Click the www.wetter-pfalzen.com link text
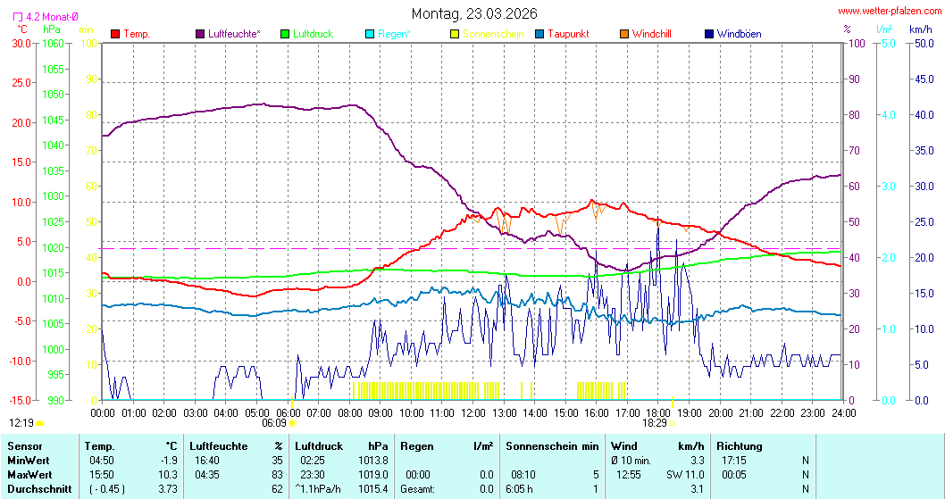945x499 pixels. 888,12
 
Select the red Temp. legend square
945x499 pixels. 115,34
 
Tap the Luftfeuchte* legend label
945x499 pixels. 234,34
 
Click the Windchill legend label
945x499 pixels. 651,34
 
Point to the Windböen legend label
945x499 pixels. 739,34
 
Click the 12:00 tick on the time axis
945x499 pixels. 473,412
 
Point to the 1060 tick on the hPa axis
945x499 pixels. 54,43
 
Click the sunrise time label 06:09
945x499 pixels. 273,423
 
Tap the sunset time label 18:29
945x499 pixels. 656,423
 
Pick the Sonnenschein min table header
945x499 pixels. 551,445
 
